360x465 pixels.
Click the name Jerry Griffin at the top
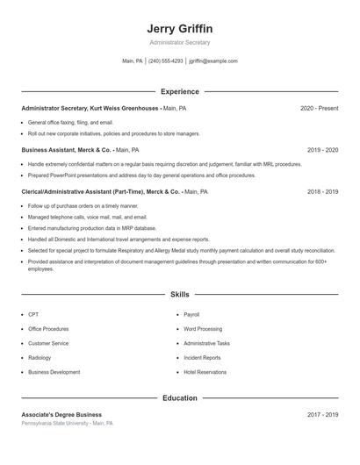[179, 28]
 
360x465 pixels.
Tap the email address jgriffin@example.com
[213, 61]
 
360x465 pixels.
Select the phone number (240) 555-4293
[165, 61]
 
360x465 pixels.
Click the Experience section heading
[180, 91]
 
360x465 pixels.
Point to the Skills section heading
[180, 295]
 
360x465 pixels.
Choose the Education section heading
[180, 398]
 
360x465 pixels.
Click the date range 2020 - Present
[319, 108]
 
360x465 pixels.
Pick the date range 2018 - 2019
[322, 191]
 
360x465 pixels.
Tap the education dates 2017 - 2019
[322, 414]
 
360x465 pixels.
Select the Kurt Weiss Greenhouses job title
[90, 108]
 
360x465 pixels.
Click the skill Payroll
[191, 314]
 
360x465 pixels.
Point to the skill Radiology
[40, 358]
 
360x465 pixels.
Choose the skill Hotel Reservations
[204, 372]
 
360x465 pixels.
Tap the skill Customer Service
[48, 343]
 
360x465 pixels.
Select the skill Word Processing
[203, 329]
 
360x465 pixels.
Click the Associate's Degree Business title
[61, 414]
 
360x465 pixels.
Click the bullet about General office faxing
[70, 122]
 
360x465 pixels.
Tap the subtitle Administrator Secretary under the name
[179, 42]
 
